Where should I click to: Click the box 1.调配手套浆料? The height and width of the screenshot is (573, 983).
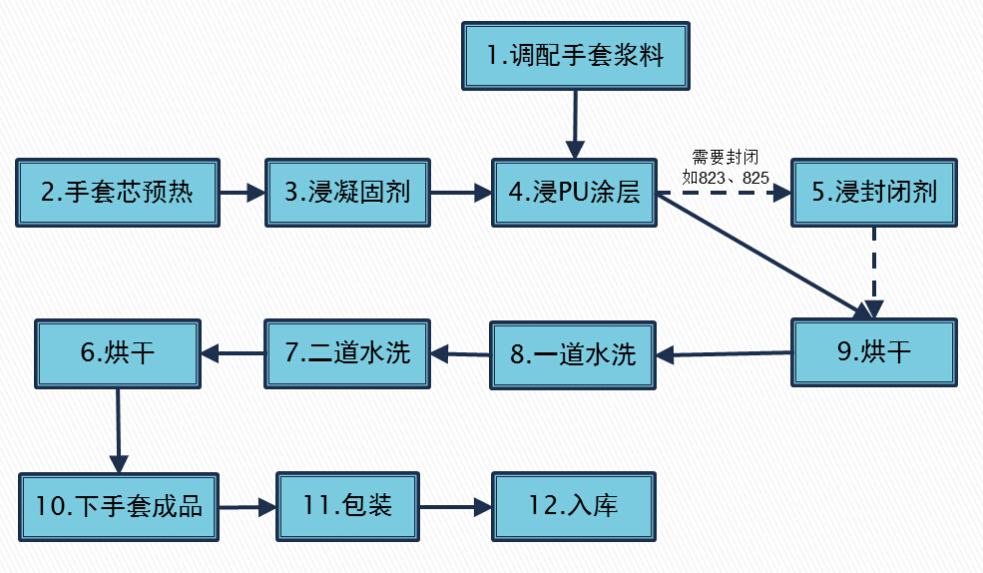[x=576, y=56]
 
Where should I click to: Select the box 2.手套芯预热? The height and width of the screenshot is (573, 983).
[x=117, y=193]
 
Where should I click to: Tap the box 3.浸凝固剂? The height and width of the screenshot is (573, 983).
[x=347, y=193]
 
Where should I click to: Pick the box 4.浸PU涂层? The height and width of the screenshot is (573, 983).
[x=574, y=193]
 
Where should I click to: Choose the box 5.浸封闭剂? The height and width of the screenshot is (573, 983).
[x=874, y=193]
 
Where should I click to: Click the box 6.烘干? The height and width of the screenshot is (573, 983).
[x=118, y=353]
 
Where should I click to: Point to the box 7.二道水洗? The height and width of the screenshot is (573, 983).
[x=347, y=353]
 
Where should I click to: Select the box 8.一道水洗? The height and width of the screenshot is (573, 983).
[x=573, y=355]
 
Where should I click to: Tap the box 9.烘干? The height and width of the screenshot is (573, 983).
[x=874, y=352]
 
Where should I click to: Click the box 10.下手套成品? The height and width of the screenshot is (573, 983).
[x=119, y=506]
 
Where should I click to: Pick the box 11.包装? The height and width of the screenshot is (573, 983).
[x=348, y=506]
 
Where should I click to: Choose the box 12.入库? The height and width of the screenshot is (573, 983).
[x=574, y=506]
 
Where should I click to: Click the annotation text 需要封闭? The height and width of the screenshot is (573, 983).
[x=726, y=157]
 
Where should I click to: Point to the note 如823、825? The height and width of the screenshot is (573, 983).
[x=726, y=178]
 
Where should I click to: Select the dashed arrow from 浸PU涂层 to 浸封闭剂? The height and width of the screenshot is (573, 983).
[x=725, y=193]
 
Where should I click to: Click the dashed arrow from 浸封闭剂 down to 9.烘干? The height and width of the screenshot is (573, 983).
[x=874, y=273]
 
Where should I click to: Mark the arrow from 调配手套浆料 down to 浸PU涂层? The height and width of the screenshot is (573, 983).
[x=575, y=124]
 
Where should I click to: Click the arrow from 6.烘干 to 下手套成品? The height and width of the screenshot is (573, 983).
[x=119, y=430]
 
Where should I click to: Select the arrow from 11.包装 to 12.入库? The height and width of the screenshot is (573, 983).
[x=456, y=506]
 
